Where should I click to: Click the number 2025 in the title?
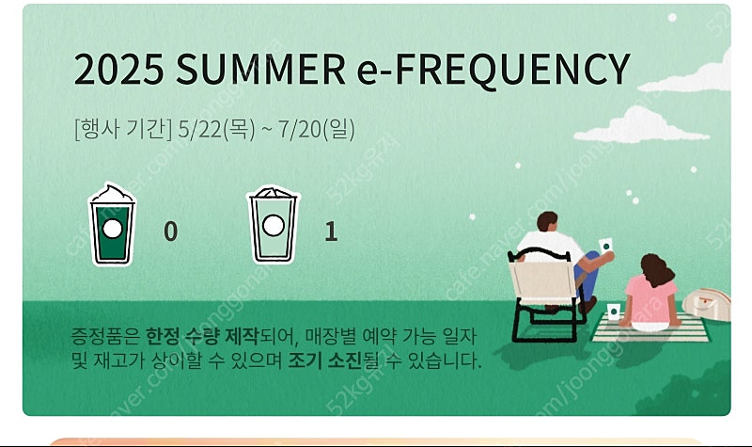(x=118, y=69)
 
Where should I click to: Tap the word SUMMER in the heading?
(x=261, y=69)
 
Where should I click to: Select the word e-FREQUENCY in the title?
(x=493, y=70)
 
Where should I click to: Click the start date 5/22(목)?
(x=216, y=129)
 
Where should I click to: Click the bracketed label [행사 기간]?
(x=123, y=129)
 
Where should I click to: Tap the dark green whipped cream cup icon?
(x=112, y=224)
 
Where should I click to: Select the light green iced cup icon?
(x=273, y=225)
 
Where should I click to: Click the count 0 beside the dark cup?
(x=171, y=231)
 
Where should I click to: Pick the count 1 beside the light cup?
(x=331, y=231)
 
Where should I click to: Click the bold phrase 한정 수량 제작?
(x=202, y=336)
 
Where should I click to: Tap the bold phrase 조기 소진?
(x=324, y=360)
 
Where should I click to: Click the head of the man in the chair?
(x=547, y=221)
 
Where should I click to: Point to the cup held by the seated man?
(x=605, y=245)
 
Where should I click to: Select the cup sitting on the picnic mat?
(x=613, y=311)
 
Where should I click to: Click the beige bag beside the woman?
(x=707, y=303)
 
